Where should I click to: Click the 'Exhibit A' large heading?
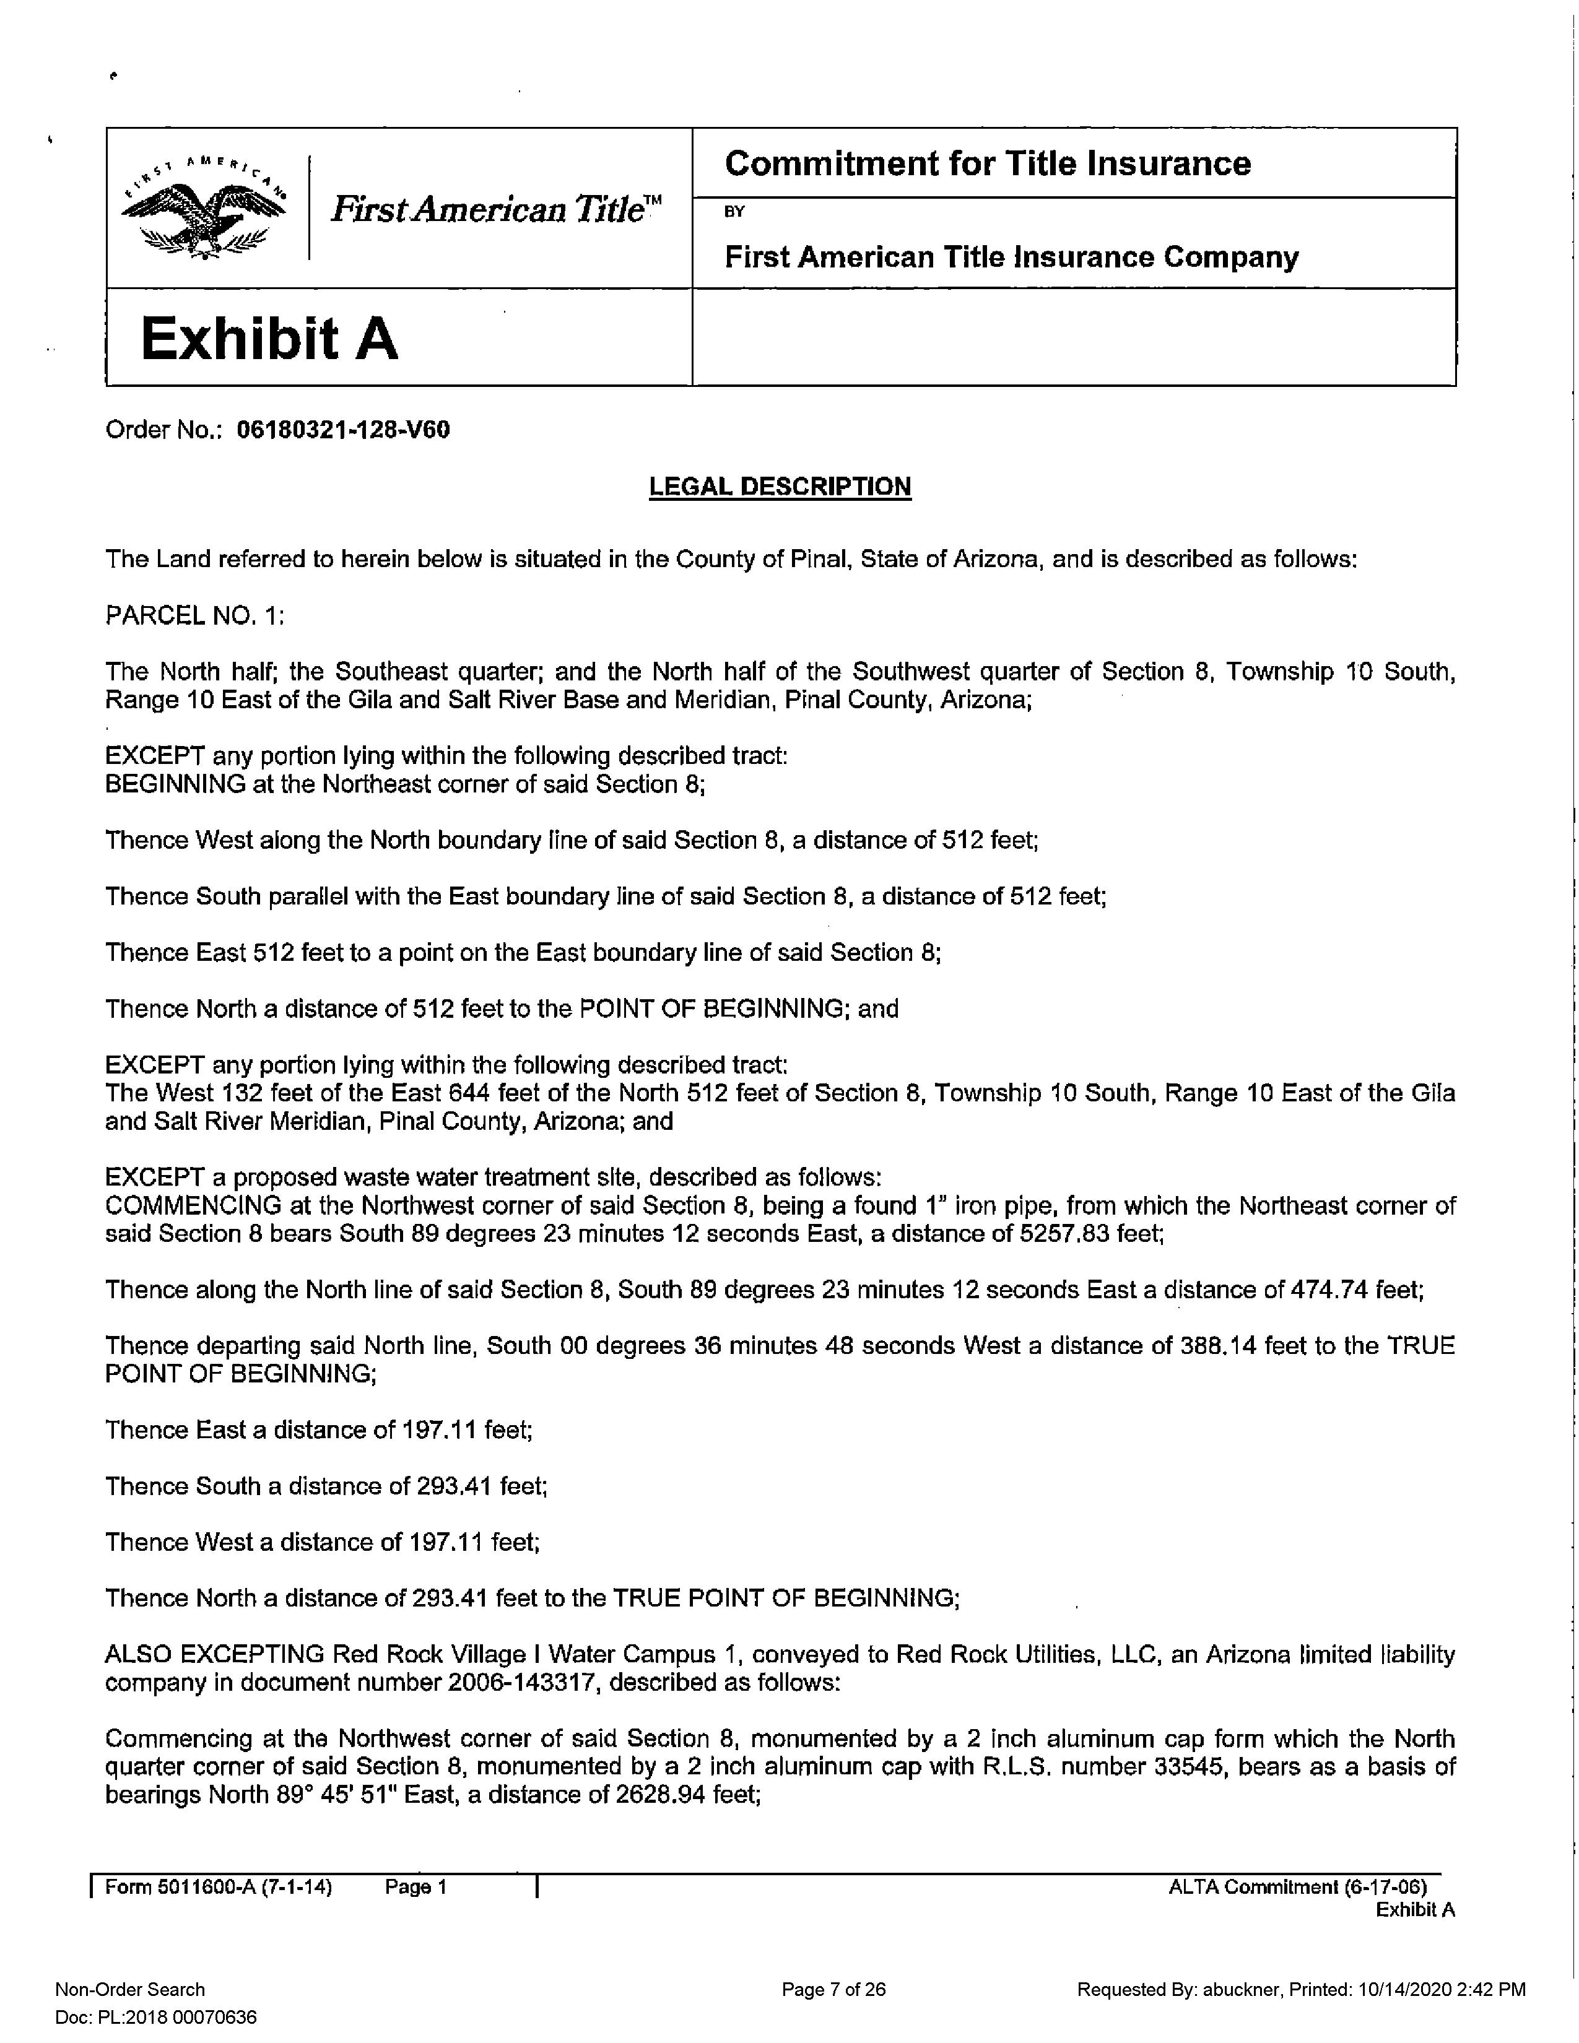(x=269, y=339)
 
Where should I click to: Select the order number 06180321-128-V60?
(x=343, y=430)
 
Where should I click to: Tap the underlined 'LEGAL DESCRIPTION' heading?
(x=780, y=487)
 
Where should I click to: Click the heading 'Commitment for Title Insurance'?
(x=987, y=163)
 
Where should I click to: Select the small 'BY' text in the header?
(x=734, y=211)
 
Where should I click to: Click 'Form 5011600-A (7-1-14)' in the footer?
(x=218, y=1888)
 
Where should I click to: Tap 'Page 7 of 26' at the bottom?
(x=833, y=1990)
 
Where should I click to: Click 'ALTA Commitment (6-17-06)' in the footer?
(x=1297, y=1888)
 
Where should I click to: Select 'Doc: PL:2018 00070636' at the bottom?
(x=156, y=2018)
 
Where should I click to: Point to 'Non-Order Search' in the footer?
(x=130, y=1990)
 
